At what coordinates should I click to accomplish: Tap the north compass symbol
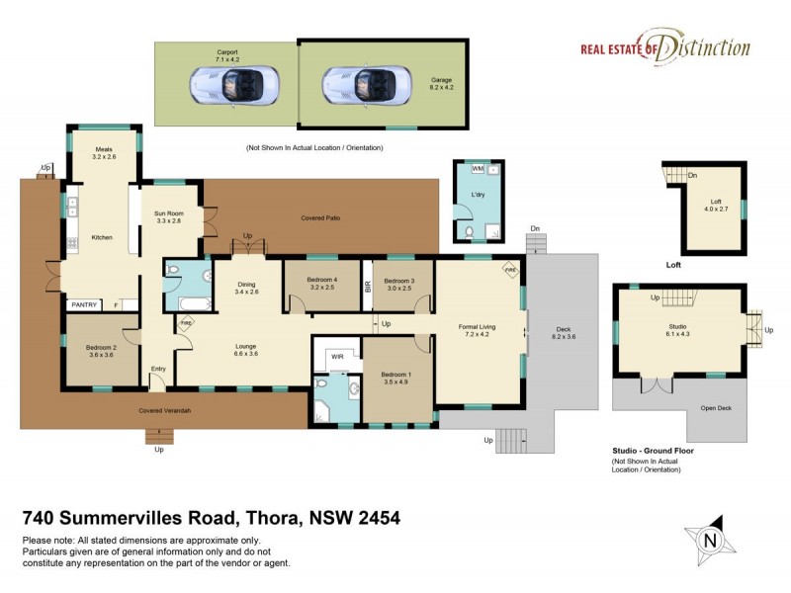708,540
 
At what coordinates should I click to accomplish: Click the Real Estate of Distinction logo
664,48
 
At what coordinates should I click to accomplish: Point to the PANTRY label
83,305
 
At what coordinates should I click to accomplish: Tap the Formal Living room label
478,325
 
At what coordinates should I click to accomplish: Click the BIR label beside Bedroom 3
367,286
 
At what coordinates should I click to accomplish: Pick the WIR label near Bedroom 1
336,356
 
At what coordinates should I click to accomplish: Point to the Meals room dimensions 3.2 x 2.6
104,156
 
